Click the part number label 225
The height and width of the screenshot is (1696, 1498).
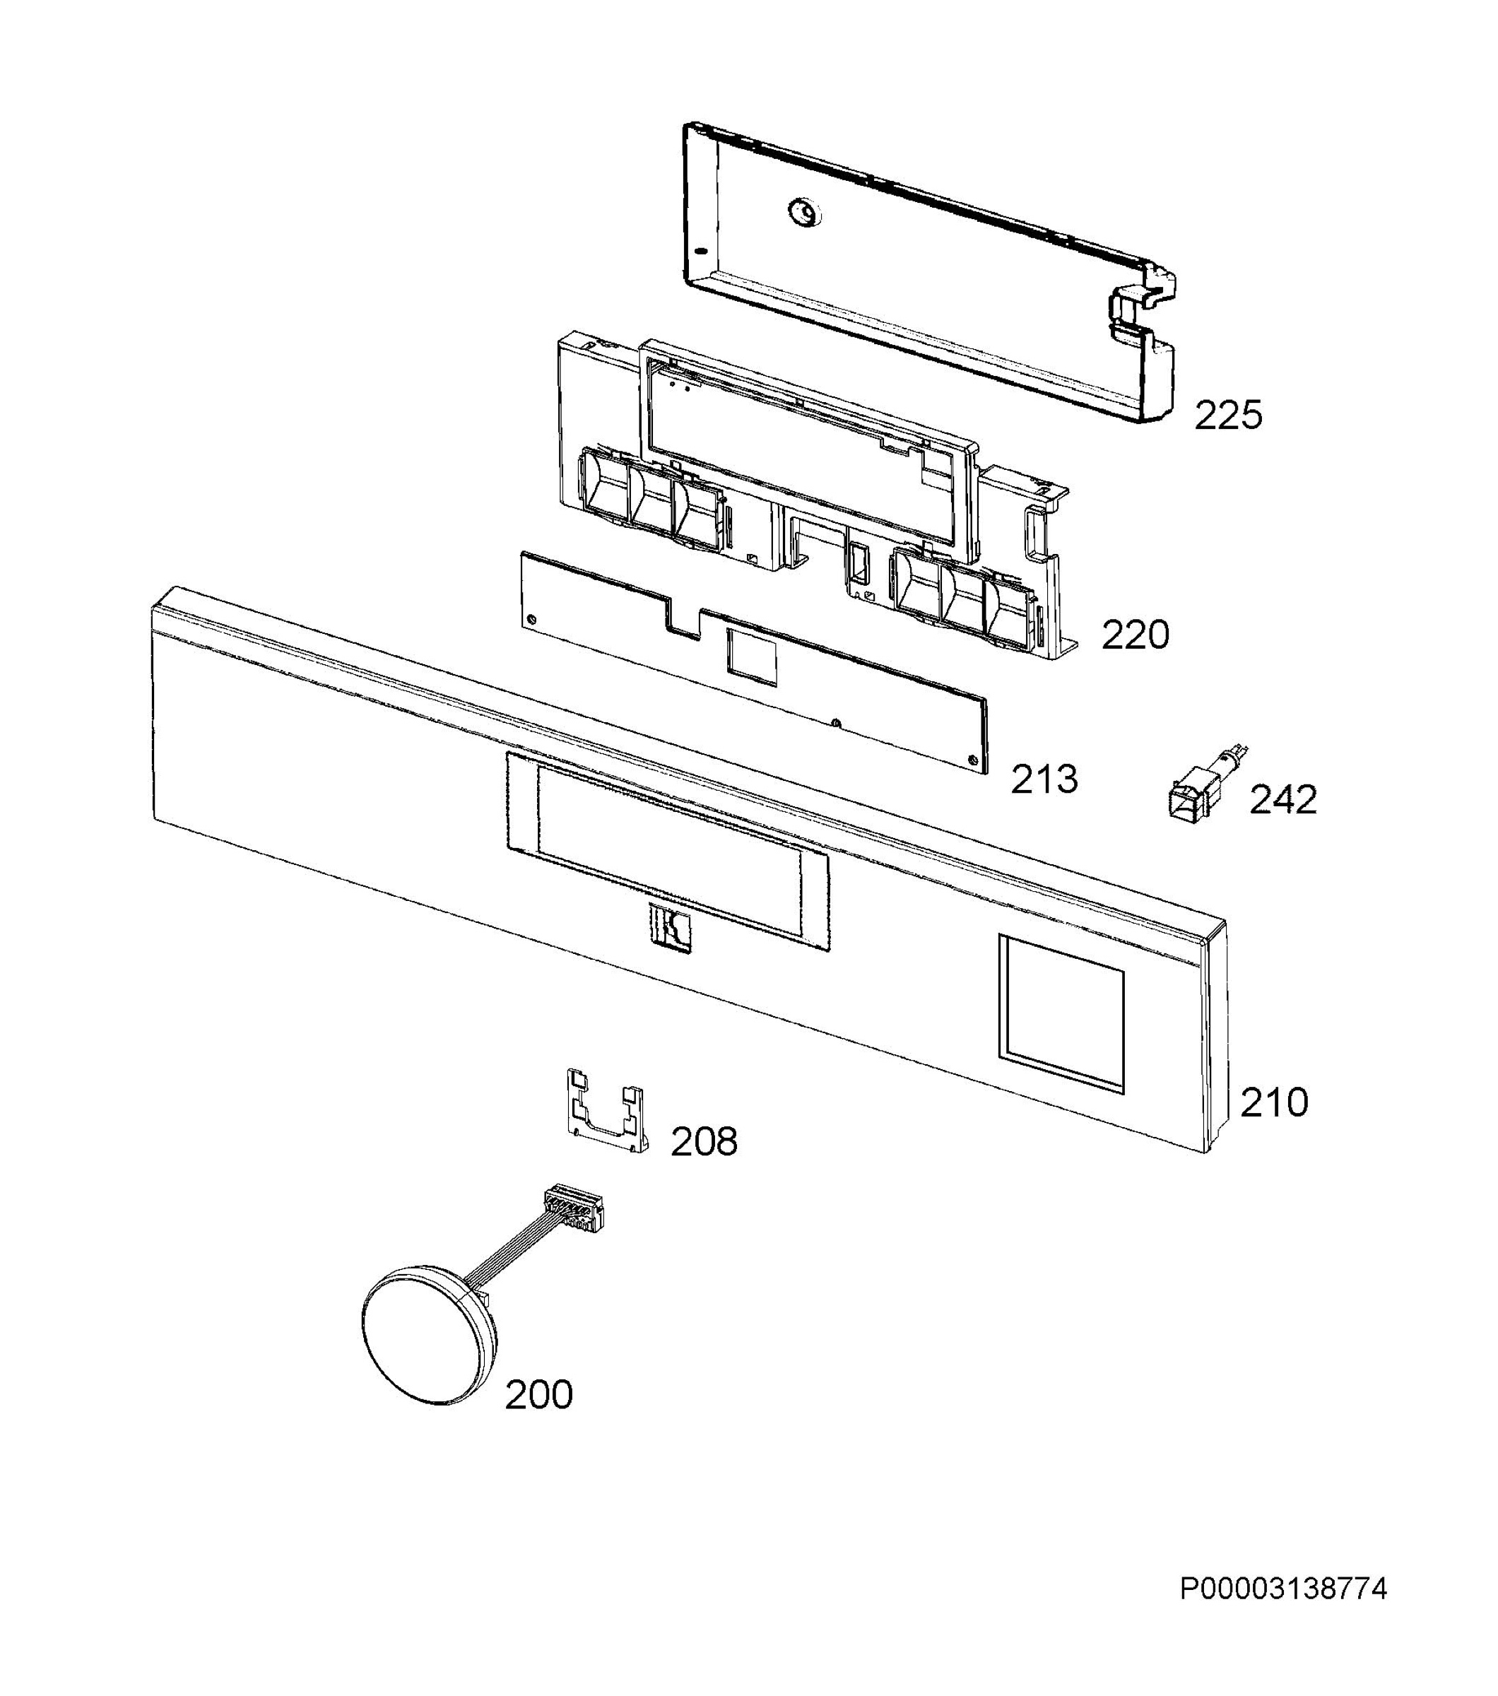(x=1227, y=415)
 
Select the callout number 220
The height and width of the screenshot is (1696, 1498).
(x=1135, y=635)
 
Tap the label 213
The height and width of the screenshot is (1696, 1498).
(x=1044, y=779)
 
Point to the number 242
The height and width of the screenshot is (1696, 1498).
(x=1282, y=799)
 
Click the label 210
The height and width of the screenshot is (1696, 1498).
(x=1273, y=1102)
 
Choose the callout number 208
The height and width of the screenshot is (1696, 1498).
(x=703, y=1143)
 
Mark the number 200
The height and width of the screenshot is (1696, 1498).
(x=538, y=1395)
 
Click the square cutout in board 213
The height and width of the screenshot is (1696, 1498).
(x=752, y=656)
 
